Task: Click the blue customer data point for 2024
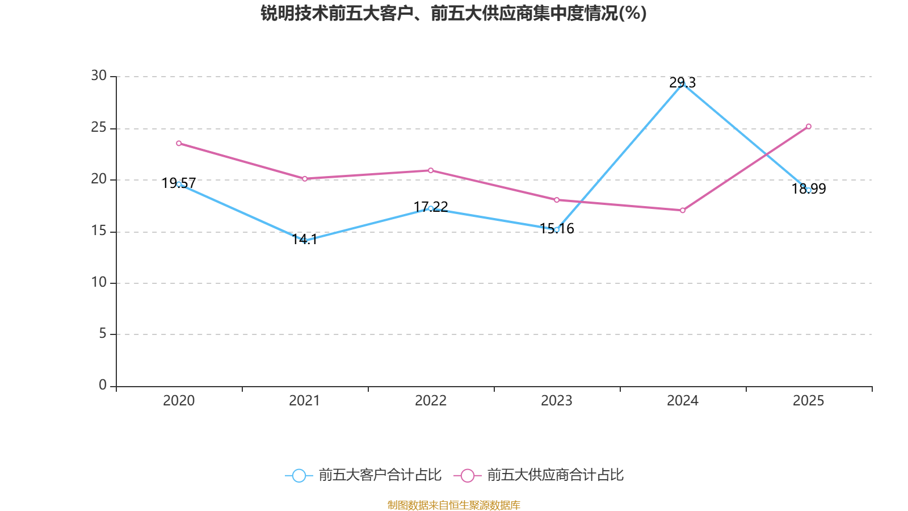[682, 83]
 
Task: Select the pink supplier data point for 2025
[808, 126]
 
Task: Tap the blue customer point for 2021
[305, 241]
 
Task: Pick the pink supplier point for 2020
[179, 143]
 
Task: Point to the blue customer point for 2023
[556, 229]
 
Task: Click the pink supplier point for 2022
[431, 170]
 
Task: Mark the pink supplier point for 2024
[682, 210]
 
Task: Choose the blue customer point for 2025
[808, 190]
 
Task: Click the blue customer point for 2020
[179, 184]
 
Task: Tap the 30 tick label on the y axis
[99, 76]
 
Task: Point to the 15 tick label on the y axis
[99, 231]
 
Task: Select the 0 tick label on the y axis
[103, 386]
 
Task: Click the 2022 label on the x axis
[431, 401]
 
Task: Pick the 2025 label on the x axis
[808, 401]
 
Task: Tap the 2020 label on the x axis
[179, 401]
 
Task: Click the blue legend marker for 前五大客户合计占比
[299, 475]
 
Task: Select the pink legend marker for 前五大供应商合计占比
[467, 475]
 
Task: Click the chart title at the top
[453, 13]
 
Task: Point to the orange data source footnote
[453, 505]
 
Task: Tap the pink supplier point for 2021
[305, 178]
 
